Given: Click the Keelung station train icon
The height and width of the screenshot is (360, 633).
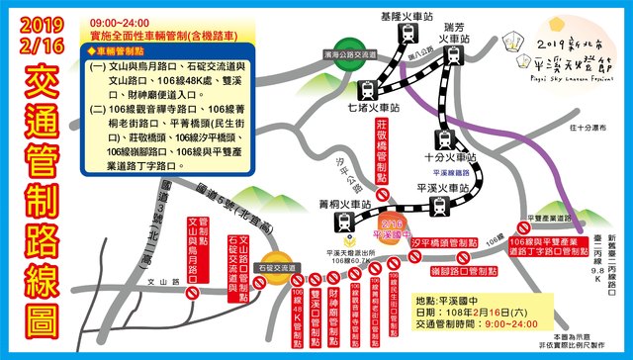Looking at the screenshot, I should (407, 34).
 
